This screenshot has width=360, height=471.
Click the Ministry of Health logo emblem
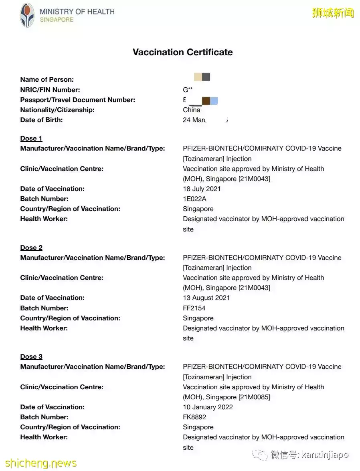tap(27, 15)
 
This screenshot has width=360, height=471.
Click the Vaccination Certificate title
tap(182, 52)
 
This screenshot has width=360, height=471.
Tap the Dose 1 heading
tap(31, 139)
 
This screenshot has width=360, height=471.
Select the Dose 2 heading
tap(31, 248)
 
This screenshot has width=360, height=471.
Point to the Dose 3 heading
tap(31, 357)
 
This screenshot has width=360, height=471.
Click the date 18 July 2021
tap(202, 189)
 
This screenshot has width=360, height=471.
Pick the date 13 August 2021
tap(206, 298)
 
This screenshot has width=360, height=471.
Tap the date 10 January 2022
tap(208, 407)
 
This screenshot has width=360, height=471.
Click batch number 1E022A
tap(194, 199)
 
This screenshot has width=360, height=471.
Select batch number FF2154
tap(194, 308)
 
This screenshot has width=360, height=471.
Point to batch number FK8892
tap(194, 417)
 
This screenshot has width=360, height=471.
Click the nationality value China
tap(192, 110)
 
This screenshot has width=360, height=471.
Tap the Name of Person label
tap(47, 80)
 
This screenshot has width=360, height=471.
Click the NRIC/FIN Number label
tap(50, 90)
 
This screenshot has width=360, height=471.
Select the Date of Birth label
tap(41, 120)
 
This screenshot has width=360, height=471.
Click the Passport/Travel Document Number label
tap(77, 100)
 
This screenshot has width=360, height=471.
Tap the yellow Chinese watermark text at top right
tap(333, 13)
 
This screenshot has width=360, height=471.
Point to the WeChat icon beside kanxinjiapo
tap(262, 455)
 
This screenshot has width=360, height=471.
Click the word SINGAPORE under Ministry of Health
tap(57, 20)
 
